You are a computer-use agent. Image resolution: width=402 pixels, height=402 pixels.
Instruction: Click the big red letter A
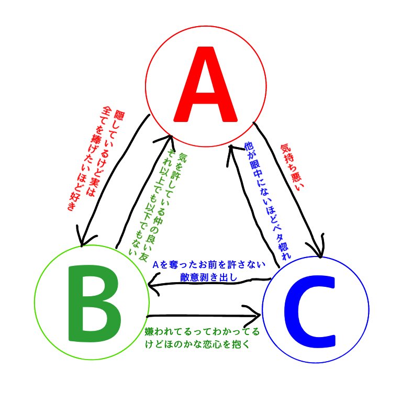click(x=206, y=84)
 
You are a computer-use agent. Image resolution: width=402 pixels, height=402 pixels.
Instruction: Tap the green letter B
click(x=95, y=303)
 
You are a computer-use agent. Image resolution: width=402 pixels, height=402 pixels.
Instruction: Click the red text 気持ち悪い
click(x=292, y=167)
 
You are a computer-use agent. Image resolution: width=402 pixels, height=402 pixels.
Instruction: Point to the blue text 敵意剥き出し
click(x=208, y=277)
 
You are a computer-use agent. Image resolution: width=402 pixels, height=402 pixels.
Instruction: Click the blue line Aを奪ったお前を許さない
click(x=209, y=264)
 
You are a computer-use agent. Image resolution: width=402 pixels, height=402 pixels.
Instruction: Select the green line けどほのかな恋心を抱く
click(x=197, y=344)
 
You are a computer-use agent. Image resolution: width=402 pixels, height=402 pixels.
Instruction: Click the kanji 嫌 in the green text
click(x=149, y=331)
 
